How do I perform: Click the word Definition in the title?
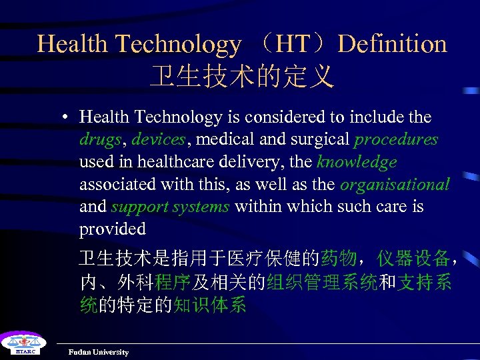point(392,44)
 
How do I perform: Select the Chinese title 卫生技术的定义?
point(241,77)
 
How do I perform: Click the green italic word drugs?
point(100,139)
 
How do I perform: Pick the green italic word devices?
point(158,139)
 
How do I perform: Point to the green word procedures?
point(396,139)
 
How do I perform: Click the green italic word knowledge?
point(357,162)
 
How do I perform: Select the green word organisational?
point(395,184)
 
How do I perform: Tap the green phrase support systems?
point(170,207)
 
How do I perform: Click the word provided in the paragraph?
point(112,229)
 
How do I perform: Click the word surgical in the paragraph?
point(319,139)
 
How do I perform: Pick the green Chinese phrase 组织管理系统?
point(322,282)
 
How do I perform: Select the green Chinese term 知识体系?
point(210,305)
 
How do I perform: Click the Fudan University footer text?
point(99,352)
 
